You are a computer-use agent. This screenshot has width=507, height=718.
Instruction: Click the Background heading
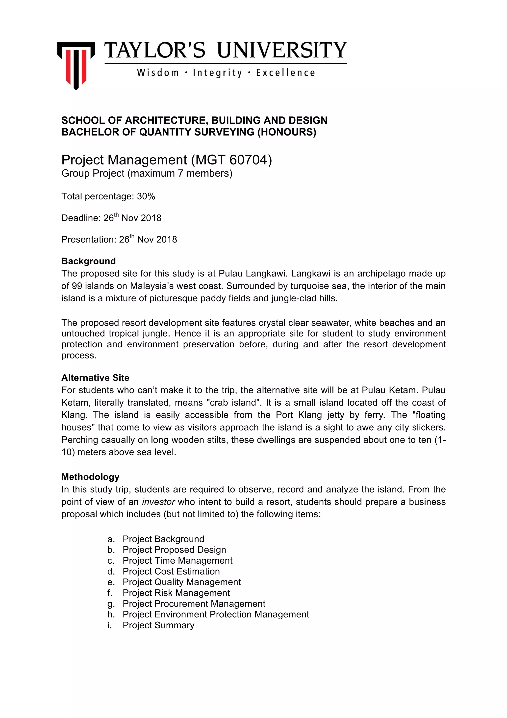point(88,261)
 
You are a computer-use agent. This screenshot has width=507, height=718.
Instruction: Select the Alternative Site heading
point(95,378)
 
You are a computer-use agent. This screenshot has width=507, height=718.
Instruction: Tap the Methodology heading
point(90,477)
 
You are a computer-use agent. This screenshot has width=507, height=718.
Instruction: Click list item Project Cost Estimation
point(171,571)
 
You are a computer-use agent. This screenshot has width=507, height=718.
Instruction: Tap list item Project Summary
point(158,625)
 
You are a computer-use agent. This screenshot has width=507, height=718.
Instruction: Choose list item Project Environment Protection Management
point(216,614)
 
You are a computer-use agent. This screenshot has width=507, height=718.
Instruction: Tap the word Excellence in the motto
point(285,73)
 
